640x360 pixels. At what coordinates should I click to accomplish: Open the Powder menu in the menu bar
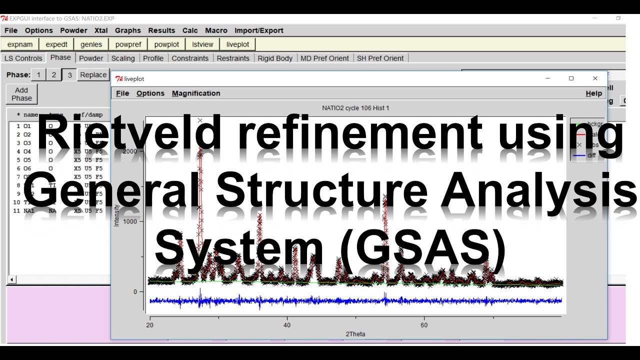click(x=73, y=30)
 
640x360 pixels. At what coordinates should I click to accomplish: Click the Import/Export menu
click(x=258, y=30)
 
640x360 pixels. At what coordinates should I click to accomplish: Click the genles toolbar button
click(x=91, y=44)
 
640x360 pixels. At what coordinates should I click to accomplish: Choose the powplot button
click(x=166, y=44)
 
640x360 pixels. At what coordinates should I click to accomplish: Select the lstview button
click(x=202, y=44)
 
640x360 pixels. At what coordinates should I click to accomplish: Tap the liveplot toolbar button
click(x=237, y=44)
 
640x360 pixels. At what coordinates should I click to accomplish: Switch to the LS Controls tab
click(x=23, y=58)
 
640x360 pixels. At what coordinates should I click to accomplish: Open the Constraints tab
click(x=190, y=58)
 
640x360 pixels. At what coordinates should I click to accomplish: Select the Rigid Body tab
click(x=275, y=58)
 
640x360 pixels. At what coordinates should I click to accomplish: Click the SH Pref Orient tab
click(x=380, y=58)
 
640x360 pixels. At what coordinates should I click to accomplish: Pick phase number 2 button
click(x=53, y=75)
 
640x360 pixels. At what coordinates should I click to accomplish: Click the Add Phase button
click(x=21, y=94)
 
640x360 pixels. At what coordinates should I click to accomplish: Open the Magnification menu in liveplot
click(x=196, y=93)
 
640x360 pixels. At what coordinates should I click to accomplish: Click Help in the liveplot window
click(x=593, y=93)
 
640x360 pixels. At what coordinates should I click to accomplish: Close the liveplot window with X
click(x=595, y=78)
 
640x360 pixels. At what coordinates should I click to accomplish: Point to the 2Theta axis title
click(x=355, y=333)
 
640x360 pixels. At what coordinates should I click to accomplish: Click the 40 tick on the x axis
click(x=287, y=324)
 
